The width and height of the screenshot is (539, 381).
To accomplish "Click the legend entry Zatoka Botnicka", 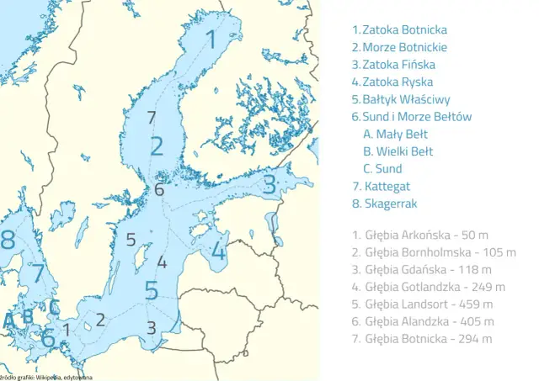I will [x=399, y=29].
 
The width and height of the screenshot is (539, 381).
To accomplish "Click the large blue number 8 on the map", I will [x=8, y=240].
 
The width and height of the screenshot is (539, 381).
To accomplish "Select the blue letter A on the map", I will [x=8, y=320].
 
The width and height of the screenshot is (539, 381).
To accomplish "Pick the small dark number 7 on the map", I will [x=152, y=117].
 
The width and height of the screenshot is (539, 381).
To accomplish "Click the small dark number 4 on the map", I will [x=162, y=262].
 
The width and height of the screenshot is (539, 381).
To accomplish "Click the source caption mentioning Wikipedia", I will [x=46, y=377].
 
